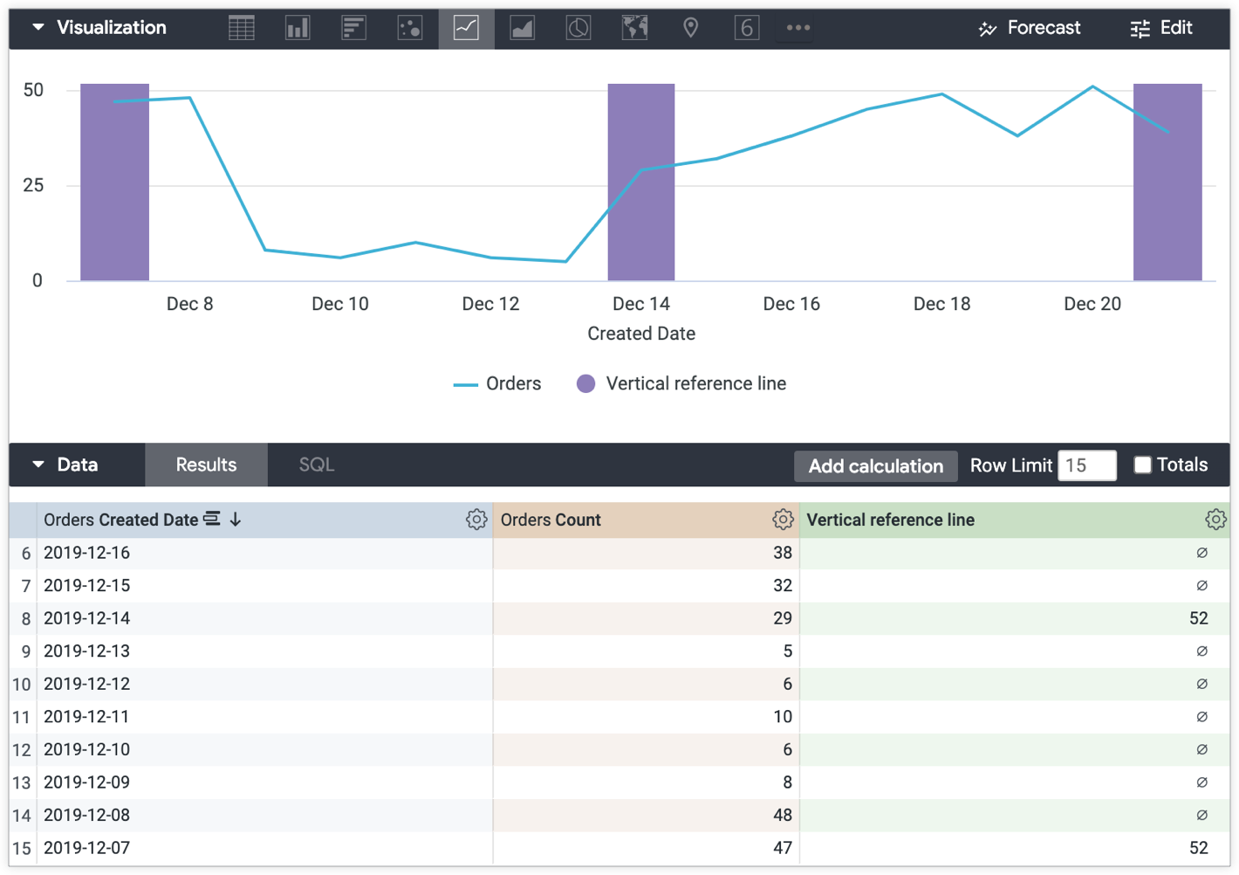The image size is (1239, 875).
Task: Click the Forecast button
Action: [1030, 28]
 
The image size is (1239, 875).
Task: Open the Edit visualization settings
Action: [1160, 28]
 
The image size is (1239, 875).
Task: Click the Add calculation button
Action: [875, 466]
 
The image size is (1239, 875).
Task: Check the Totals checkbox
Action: [1142, 465]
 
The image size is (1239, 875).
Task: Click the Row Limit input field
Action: [1086, 465]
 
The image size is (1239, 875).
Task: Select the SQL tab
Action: [316, 465]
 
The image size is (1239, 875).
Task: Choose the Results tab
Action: [206, 465]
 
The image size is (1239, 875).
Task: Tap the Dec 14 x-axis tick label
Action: [640, 304]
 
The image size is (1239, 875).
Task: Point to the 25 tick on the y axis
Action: [33, 185]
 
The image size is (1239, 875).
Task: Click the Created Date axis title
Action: [640, 334]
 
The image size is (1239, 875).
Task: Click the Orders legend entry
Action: [497, 383]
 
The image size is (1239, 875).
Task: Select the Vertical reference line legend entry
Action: [681, 383]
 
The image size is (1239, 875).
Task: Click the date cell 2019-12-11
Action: [87, 717]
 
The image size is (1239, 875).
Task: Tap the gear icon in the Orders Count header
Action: [783, 520]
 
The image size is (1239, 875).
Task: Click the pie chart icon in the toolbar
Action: [578, 28]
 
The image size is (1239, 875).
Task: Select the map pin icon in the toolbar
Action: [690, 28]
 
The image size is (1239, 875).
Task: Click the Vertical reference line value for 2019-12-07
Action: [1198, 848]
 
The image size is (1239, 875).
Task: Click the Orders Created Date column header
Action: [122, 520]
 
